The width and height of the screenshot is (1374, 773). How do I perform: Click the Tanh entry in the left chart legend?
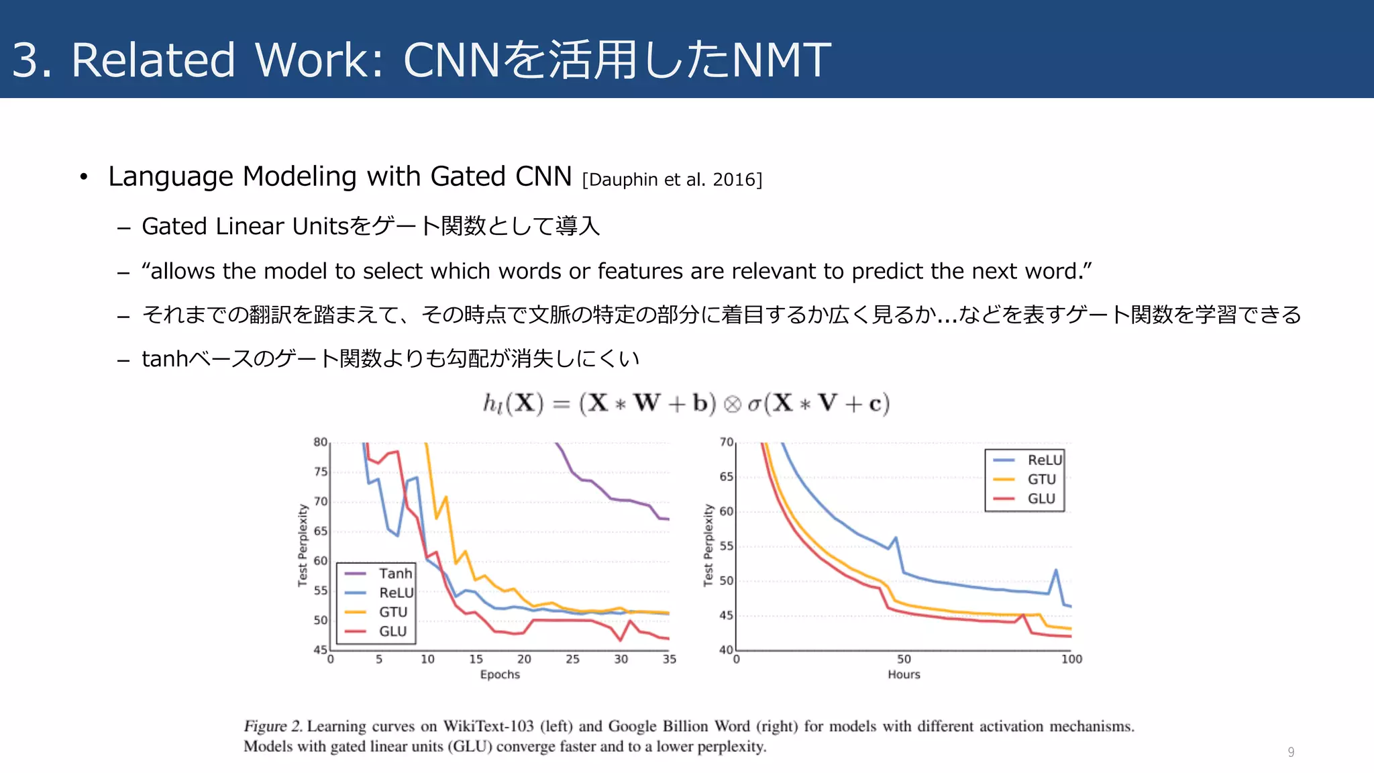tap(394, 574)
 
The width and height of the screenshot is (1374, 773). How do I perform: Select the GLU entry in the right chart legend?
tap(1041, 499)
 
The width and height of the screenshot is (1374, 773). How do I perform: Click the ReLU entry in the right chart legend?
tap(1044, 460)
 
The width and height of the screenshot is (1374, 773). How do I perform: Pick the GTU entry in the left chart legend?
tap(392, 612)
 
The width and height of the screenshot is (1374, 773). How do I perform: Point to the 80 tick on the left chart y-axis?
tap(321, 442)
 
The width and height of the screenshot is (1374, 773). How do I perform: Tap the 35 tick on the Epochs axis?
tap(669, 660)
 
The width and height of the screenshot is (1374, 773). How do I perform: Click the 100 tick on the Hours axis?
tap(1071, 660)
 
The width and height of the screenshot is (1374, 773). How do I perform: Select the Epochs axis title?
tap(500, 674)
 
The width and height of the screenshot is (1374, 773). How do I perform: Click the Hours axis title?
tap(904, 674)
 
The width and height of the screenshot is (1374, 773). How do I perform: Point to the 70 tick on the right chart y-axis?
tap(727, 442)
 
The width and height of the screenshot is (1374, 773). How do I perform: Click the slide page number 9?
tap(1291, 752)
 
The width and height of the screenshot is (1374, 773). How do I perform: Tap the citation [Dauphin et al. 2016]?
tap(672, 180)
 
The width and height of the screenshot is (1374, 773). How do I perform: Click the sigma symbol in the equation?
tap(754, 404)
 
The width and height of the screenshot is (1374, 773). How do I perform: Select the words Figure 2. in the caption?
tap(272, 726)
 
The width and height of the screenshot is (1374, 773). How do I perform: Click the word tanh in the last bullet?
tap(165, 359)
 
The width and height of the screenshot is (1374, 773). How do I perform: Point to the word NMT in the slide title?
tap(781, 60)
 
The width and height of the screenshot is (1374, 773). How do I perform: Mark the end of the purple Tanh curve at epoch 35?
tap(668, 519)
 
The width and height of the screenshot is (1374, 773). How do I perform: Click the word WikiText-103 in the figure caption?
tap(488, 726)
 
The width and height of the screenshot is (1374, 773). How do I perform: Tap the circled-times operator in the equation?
tap(732, 404)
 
